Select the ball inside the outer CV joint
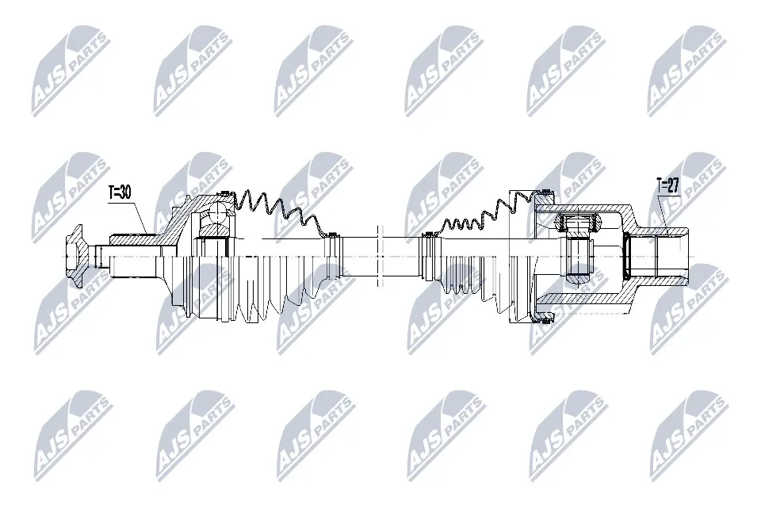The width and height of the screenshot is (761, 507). [x=215, y=212]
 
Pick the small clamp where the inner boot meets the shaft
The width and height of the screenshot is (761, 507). [x=429, y=234]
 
